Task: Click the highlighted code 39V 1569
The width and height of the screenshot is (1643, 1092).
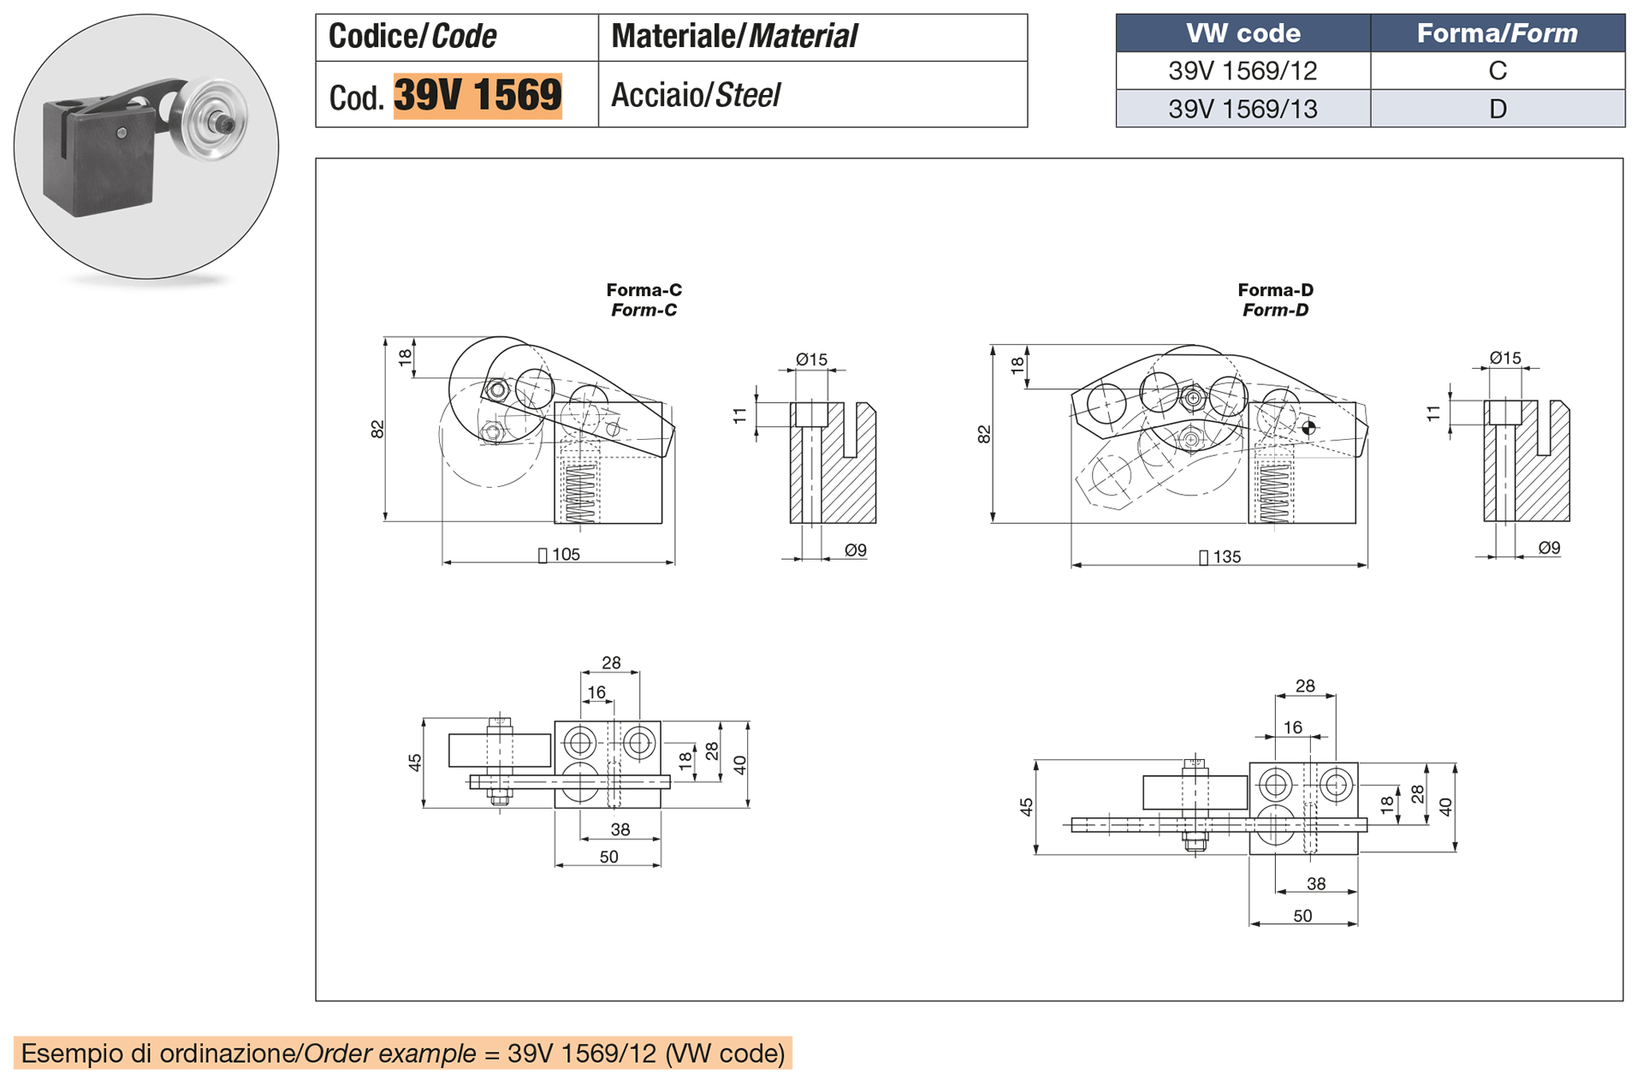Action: click(477, 95)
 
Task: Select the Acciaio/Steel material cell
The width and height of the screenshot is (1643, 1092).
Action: click(695, 95)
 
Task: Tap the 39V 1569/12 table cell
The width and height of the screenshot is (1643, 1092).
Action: click(1243, 71)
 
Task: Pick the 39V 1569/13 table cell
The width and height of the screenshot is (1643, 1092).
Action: click(1243, 110)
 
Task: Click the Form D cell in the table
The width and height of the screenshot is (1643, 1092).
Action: click(1497, 110)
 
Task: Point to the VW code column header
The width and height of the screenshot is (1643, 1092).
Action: click(1243, 33)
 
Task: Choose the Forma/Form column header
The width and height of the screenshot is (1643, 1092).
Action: click(1497, 33)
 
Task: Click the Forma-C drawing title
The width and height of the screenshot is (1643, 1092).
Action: click(644, 300)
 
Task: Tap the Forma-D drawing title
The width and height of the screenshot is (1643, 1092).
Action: click(1275, 300)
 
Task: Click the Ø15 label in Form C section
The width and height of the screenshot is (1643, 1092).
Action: click(811, 359)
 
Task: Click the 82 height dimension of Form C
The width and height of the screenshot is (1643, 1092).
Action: click(377, 430)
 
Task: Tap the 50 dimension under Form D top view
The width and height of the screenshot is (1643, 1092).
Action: click(1302, 916)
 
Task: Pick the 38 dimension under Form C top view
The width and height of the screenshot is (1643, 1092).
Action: click(620, 829)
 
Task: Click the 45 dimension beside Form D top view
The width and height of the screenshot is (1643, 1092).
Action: click(1026, 806)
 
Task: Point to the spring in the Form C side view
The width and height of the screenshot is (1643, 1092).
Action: click(580, 492)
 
